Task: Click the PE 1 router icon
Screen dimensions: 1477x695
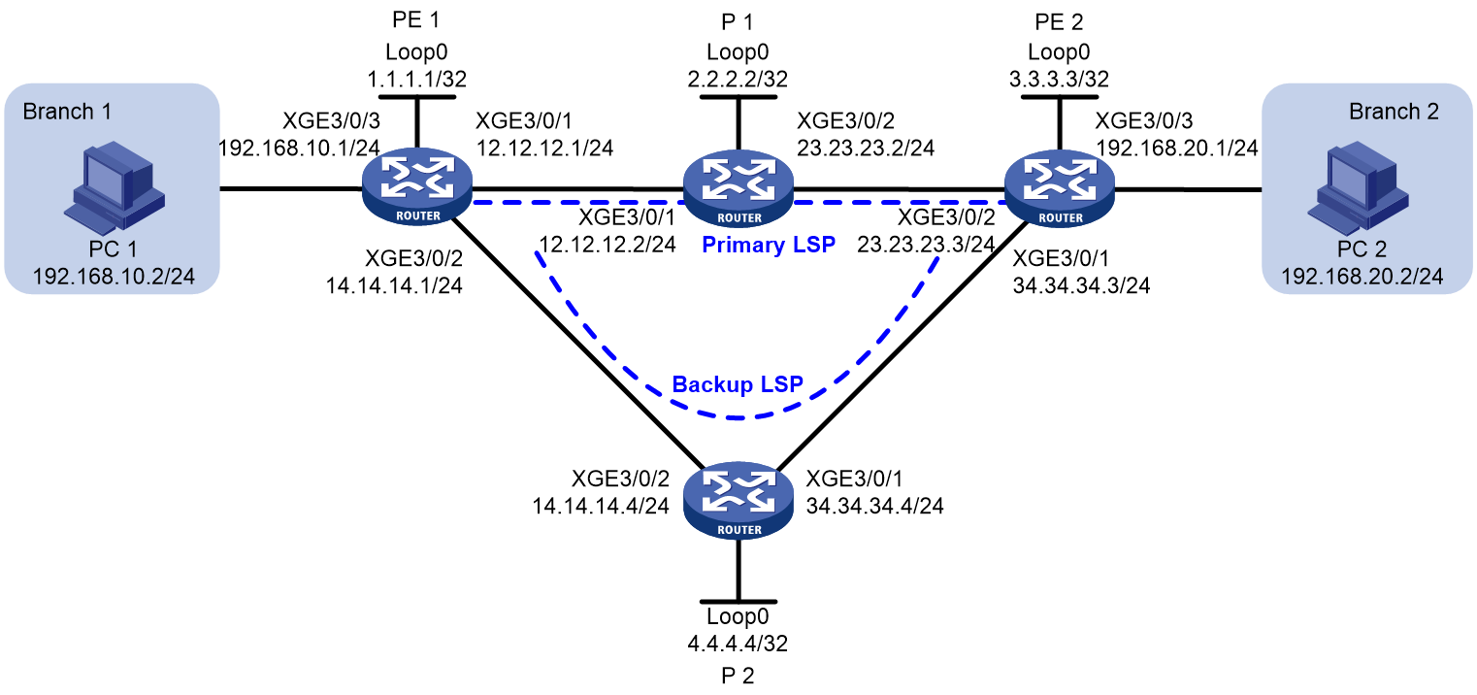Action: (x=416, y=186)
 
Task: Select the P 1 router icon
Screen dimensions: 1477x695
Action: (x=738, y=188)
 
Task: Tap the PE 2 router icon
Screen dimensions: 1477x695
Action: (x=1059, y=188)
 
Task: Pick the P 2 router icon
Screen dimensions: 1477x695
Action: (x=738, y=500)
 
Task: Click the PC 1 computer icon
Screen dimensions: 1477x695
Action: (x=115, y=187)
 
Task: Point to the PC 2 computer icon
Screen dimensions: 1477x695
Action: (x=1358, y=187)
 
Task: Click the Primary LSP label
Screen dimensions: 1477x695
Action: (x=769, y=245)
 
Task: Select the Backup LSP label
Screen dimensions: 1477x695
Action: (x=738, y=383)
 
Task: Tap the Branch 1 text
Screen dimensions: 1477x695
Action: (x=67, y=112)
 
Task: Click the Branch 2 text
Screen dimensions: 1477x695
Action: (x=1394, y=112)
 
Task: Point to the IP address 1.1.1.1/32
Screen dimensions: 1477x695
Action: (x=416, y=80)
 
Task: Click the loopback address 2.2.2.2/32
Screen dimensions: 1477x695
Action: (x=738, y=80)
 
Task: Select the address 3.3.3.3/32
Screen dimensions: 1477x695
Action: (x=1059, y=80)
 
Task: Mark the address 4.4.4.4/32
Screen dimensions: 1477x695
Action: (x=738, y=643)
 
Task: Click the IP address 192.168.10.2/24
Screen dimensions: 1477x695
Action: (x=114, y=276)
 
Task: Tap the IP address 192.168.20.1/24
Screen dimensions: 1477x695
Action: (x=1177, y=148)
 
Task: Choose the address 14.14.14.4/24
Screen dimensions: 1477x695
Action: (x=601, y=506)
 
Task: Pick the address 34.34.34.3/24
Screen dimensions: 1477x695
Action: (x=1081, y=285)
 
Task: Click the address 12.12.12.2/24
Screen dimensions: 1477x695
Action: (x=607, y=245)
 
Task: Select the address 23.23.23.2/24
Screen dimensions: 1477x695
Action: (x=866, y=148)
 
